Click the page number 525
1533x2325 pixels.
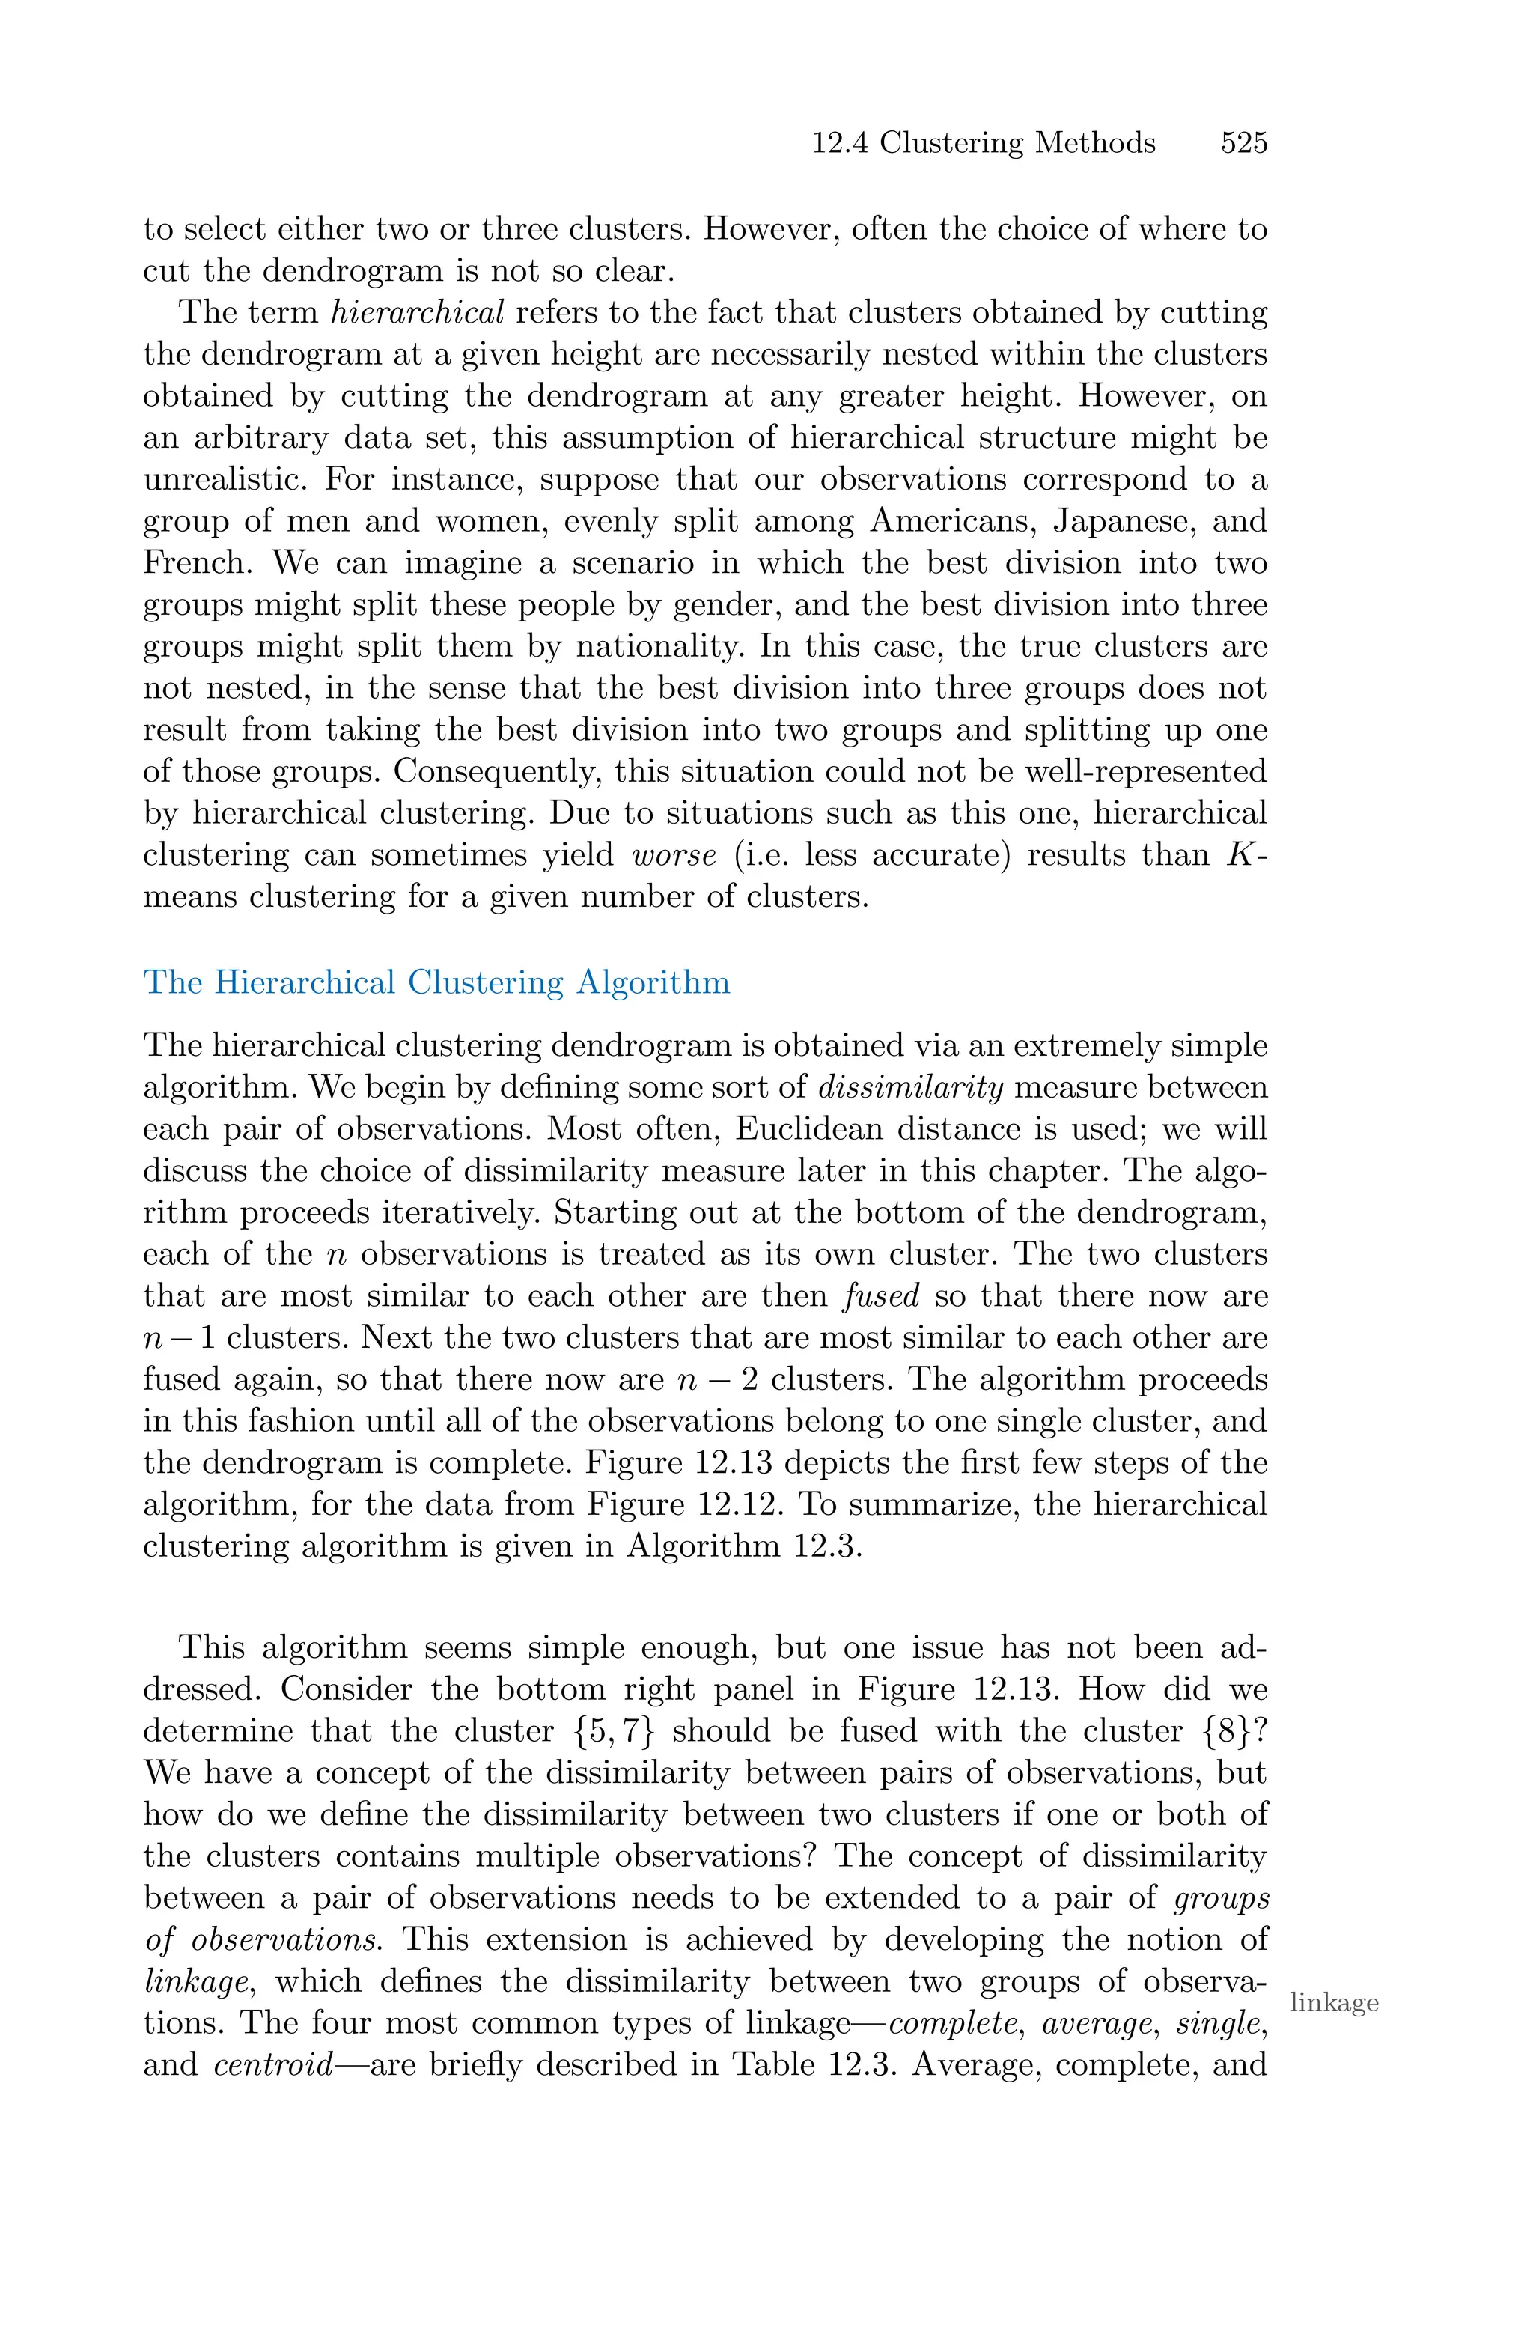[x=1243, y=143]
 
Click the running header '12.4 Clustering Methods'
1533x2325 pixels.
[x=984, y=143]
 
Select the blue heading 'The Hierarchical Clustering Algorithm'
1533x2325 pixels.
[x=436, y=982]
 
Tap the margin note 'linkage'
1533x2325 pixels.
[x=1334, y=2002]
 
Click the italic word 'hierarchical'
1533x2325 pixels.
[x=418, y=313]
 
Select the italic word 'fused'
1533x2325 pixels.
[x=881, y=1296]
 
